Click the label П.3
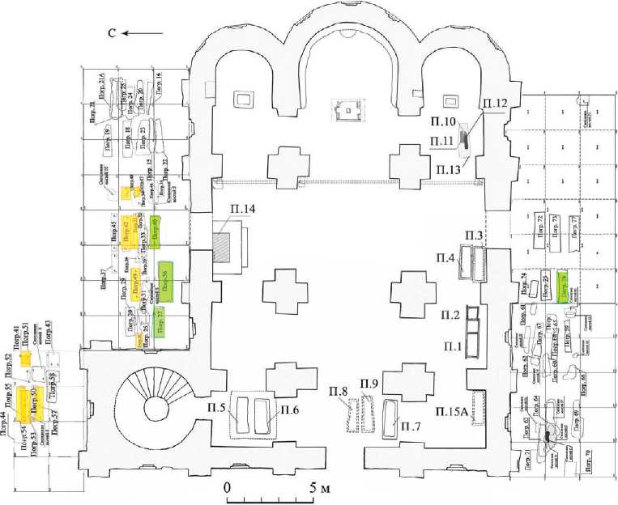point(475,235)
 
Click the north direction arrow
point(150,33)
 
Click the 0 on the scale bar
point(227,488)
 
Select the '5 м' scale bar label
point(317,488)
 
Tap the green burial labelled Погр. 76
point(562,287)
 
